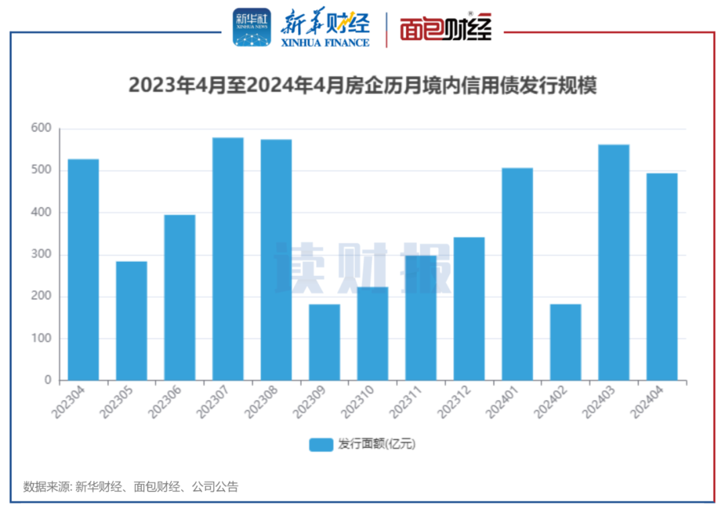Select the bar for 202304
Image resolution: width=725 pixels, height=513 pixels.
point(83,269)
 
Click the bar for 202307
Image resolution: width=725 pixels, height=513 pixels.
point(228,259)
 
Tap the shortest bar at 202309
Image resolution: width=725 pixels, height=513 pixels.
point(324,342)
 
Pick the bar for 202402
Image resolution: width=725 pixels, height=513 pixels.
point(566,342)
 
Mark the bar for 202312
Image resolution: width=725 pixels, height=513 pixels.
point(469,308)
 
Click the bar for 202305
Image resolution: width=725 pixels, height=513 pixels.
point(132,320)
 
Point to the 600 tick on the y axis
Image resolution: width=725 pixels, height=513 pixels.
point(42,128)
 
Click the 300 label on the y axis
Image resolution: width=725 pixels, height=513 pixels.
point(42,254)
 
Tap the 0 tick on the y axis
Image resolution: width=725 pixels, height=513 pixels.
point(48,381)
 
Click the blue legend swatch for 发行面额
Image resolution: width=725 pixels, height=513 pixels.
point(321,445)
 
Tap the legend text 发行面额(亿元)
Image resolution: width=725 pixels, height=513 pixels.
point(377,445)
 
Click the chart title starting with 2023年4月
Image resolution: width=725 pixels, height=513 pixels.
point(362,86)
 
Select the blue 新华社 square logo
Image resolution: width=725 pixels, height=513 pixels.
point(252,28)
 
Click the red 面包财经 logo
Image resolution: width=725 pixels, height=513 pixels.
point(446,28)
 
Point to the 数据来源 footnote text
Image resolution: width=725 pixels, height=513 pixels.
point(130,487)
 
